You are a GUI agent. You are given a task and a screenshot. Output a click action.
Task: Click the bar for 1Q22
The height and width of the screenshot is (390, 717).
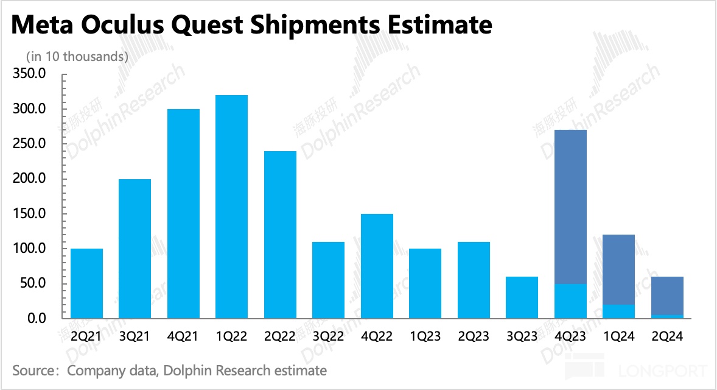(x=232, y=207)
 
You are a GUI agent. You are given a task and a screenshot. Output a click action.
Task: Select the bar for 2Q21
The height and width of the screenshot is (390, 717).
(x=86, y=283)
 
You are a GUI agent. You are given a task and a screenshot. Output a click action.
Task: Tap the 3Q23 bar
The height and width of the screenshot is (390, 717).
(x=522, y=297)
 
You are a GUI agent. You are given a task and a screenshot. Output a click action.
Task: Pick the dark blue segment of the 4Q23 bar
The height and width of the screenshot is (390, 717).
(x=570, y=207)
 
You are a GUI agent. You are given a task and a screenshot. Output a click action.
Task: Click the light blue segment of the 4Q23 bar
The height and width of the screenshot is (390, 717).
(x=570, y=301)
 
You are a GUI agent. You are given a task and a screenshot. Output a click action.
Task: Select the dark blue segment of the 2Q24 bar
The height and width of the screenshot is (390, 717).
(x=667, y=296)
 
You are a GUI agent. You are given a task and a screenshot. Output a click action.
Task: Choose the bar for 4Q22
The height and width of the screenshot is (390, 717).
(x=377, y=266)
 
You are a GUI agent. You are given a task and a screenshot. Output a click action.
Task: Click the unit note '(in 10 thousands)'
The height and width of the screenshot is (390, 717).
(x=77, y=56)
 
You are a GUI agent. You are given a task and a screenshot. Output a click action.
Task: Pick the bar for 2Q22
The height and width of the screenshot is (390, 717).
(x=280, y=235)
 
